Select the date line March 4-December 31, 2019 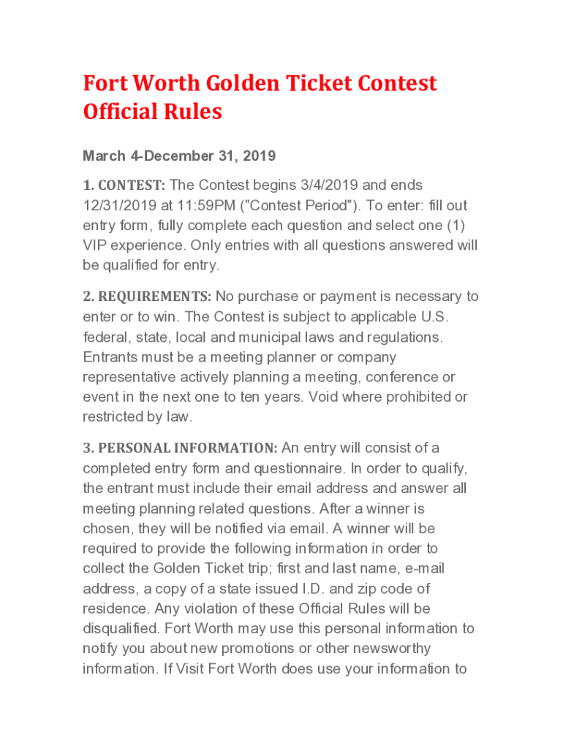179,156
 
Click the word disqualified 121,628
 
